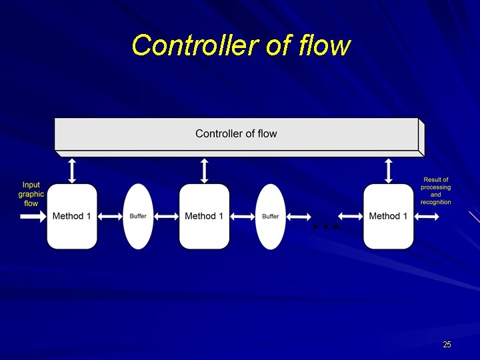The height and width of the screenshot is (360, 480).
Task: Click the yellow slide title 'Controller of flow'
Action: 240,46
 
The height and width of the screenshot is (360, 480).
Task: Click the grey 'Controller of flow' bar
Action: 236,134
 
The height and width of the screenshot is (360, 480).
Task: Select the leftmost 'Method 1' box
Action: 72,216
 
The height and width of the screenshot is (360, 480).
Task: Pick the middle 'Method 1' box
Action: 204,216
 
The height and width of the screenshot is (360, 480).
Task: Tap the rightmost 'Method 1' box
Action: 388,216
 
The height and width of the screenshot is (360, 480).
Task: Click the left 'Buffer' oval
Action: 138,216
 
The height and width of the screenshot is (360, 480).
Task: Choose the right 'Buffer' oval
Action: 270,216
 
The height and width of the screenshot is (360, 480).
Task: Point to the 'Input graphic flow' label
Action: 31,194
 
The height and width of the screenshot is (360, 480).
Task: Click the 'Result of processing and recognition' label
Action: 435,191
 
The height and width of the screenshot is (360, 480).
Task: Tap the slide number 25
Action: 447,345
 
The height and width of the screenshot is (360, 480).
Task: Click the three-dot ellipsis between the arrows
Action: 326,227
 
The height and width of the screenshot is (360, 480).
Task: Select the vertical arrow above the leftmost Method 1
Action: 73,169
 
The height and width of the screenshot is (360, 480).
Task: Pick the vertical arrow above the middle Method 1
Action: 205,169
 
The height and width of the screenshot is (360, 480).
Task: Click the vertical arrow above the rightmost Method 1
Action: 389,169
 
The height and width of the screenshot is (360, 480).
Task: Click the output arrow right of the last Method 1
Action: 427,216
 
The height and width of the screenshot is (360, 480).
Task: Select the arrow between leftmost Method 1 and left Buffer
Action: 110,216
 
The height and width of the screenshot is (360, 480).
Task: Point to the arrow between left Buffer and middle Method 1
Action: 166,216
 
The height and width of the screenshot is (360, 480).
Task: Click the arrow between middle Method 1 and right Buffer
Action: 243,216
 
